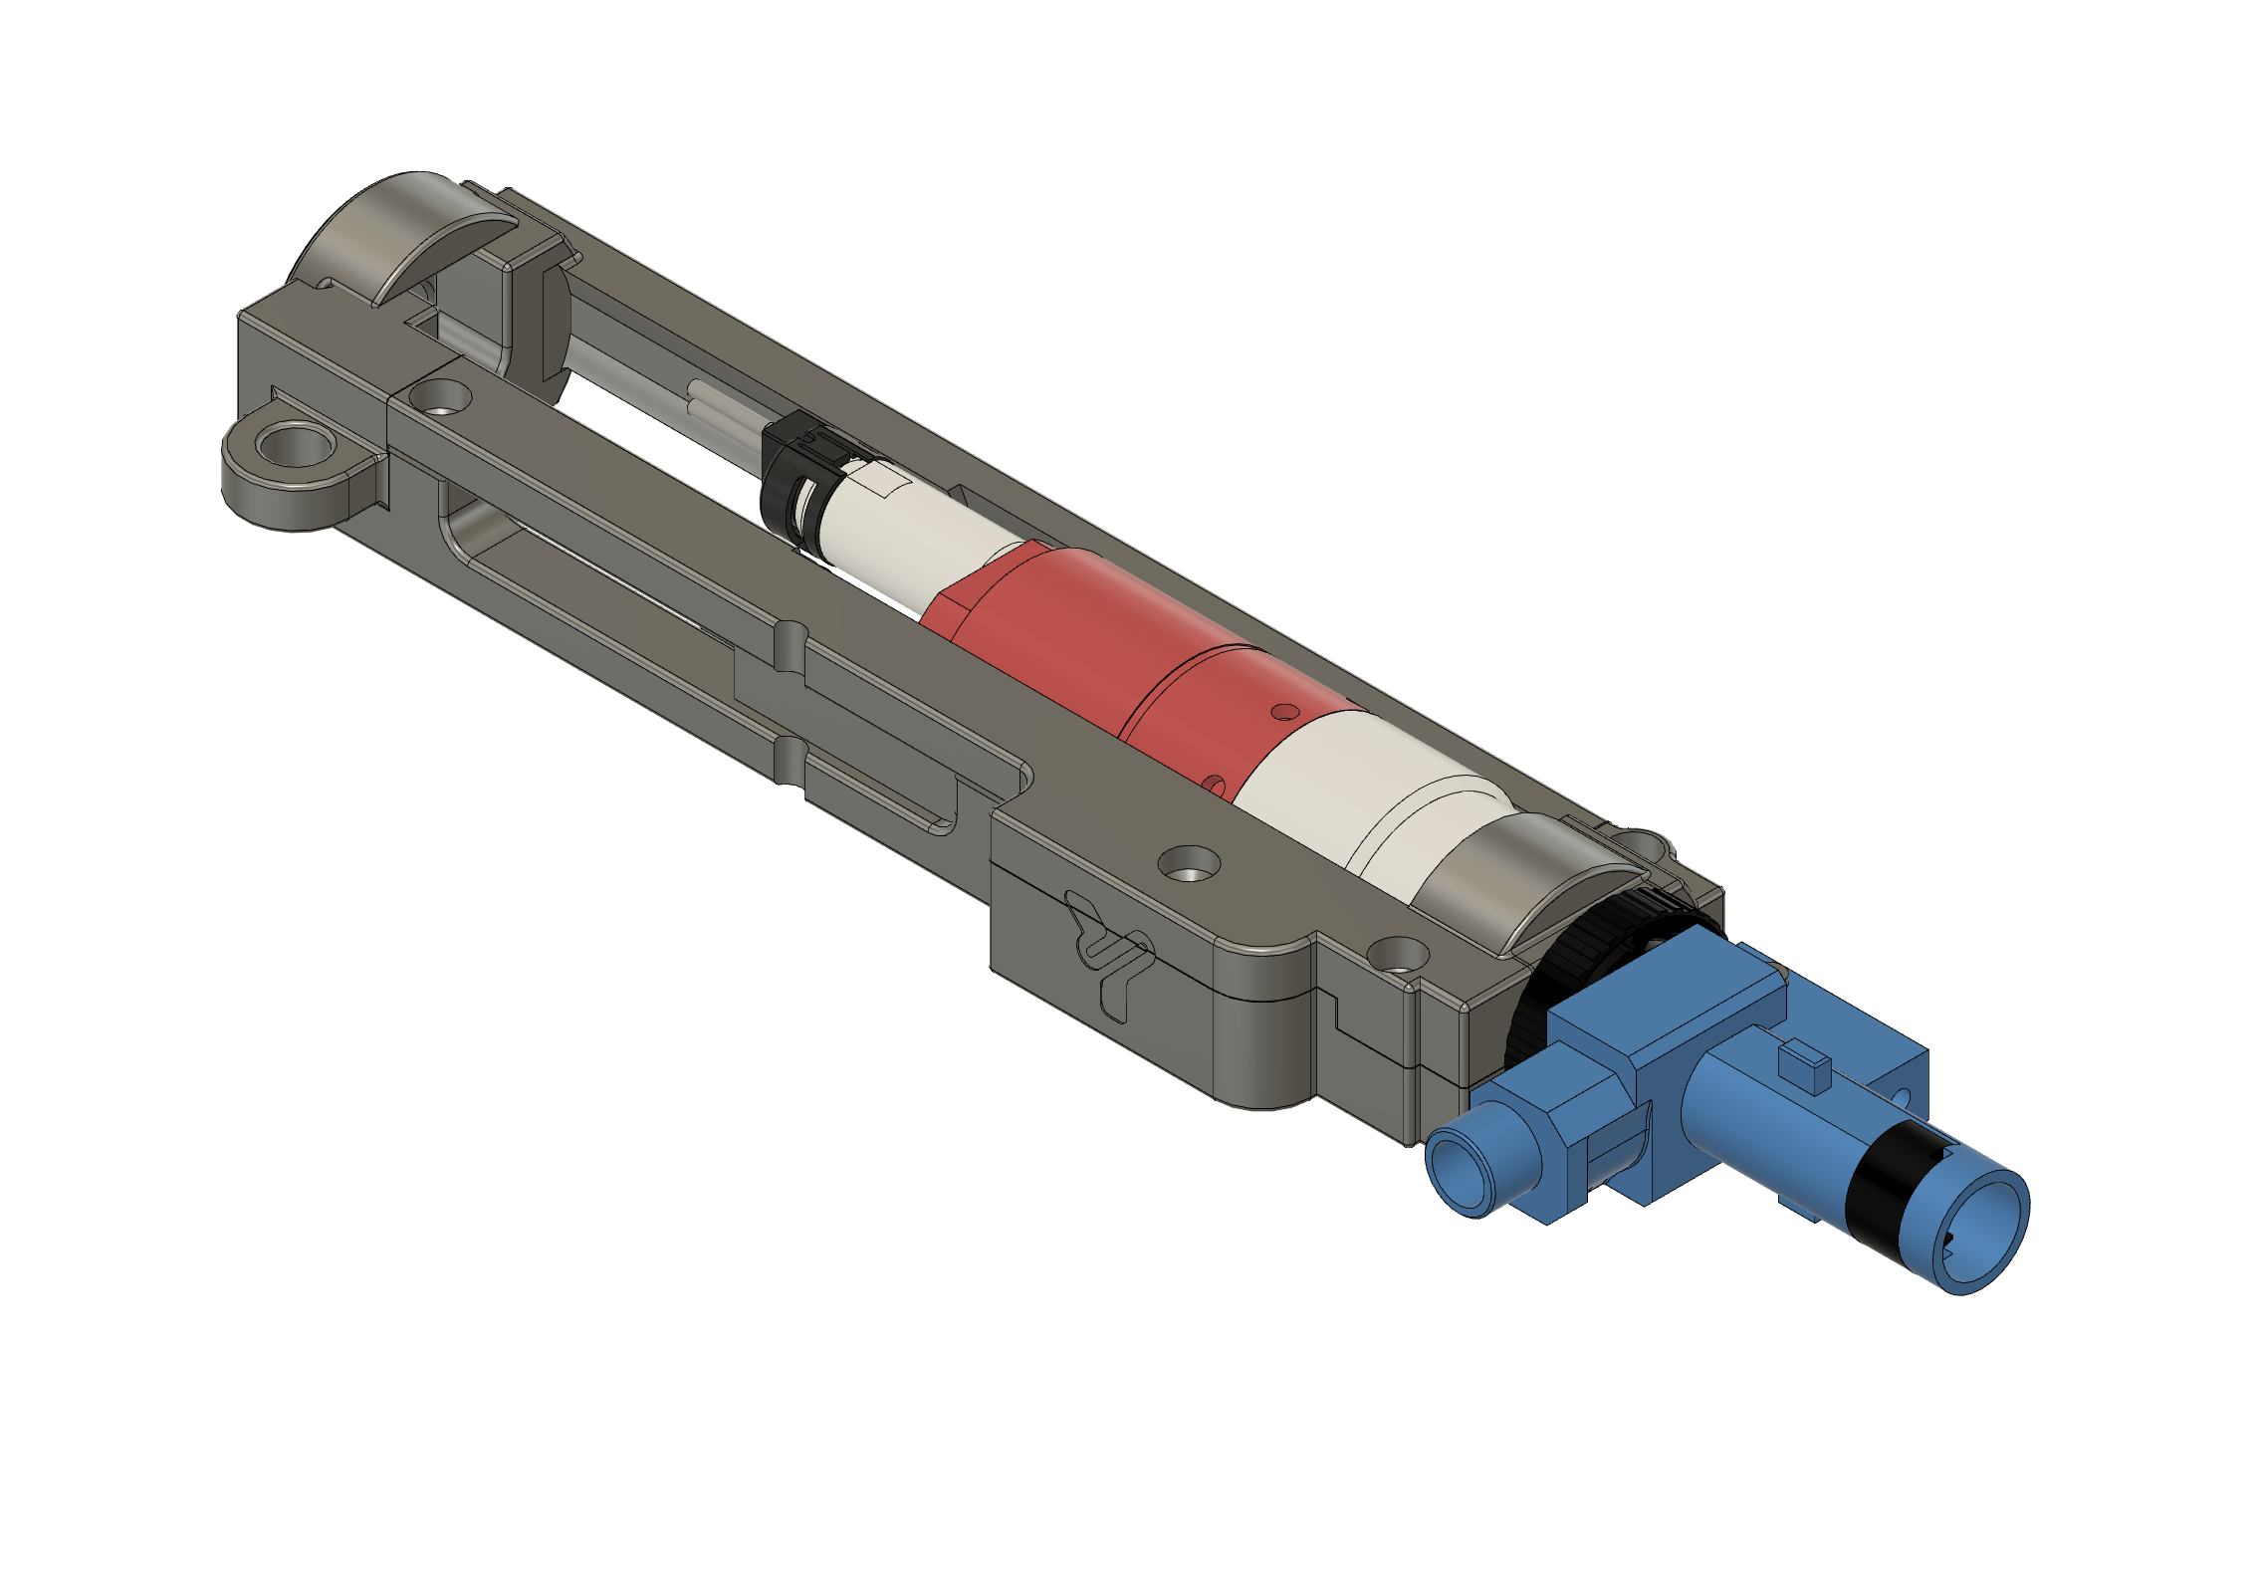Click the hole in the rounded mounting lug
click(295, 445)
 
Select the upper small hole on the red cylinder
click(1286, 711)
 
